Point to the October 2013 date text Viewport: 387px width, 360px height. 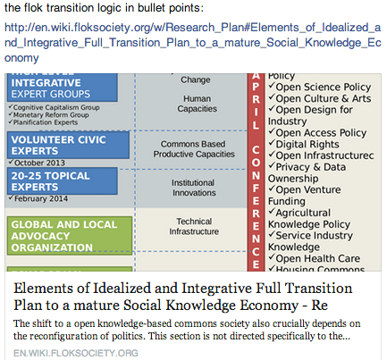[39, 162]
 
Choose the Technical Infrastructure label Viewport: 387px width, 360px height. [191, 227]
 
